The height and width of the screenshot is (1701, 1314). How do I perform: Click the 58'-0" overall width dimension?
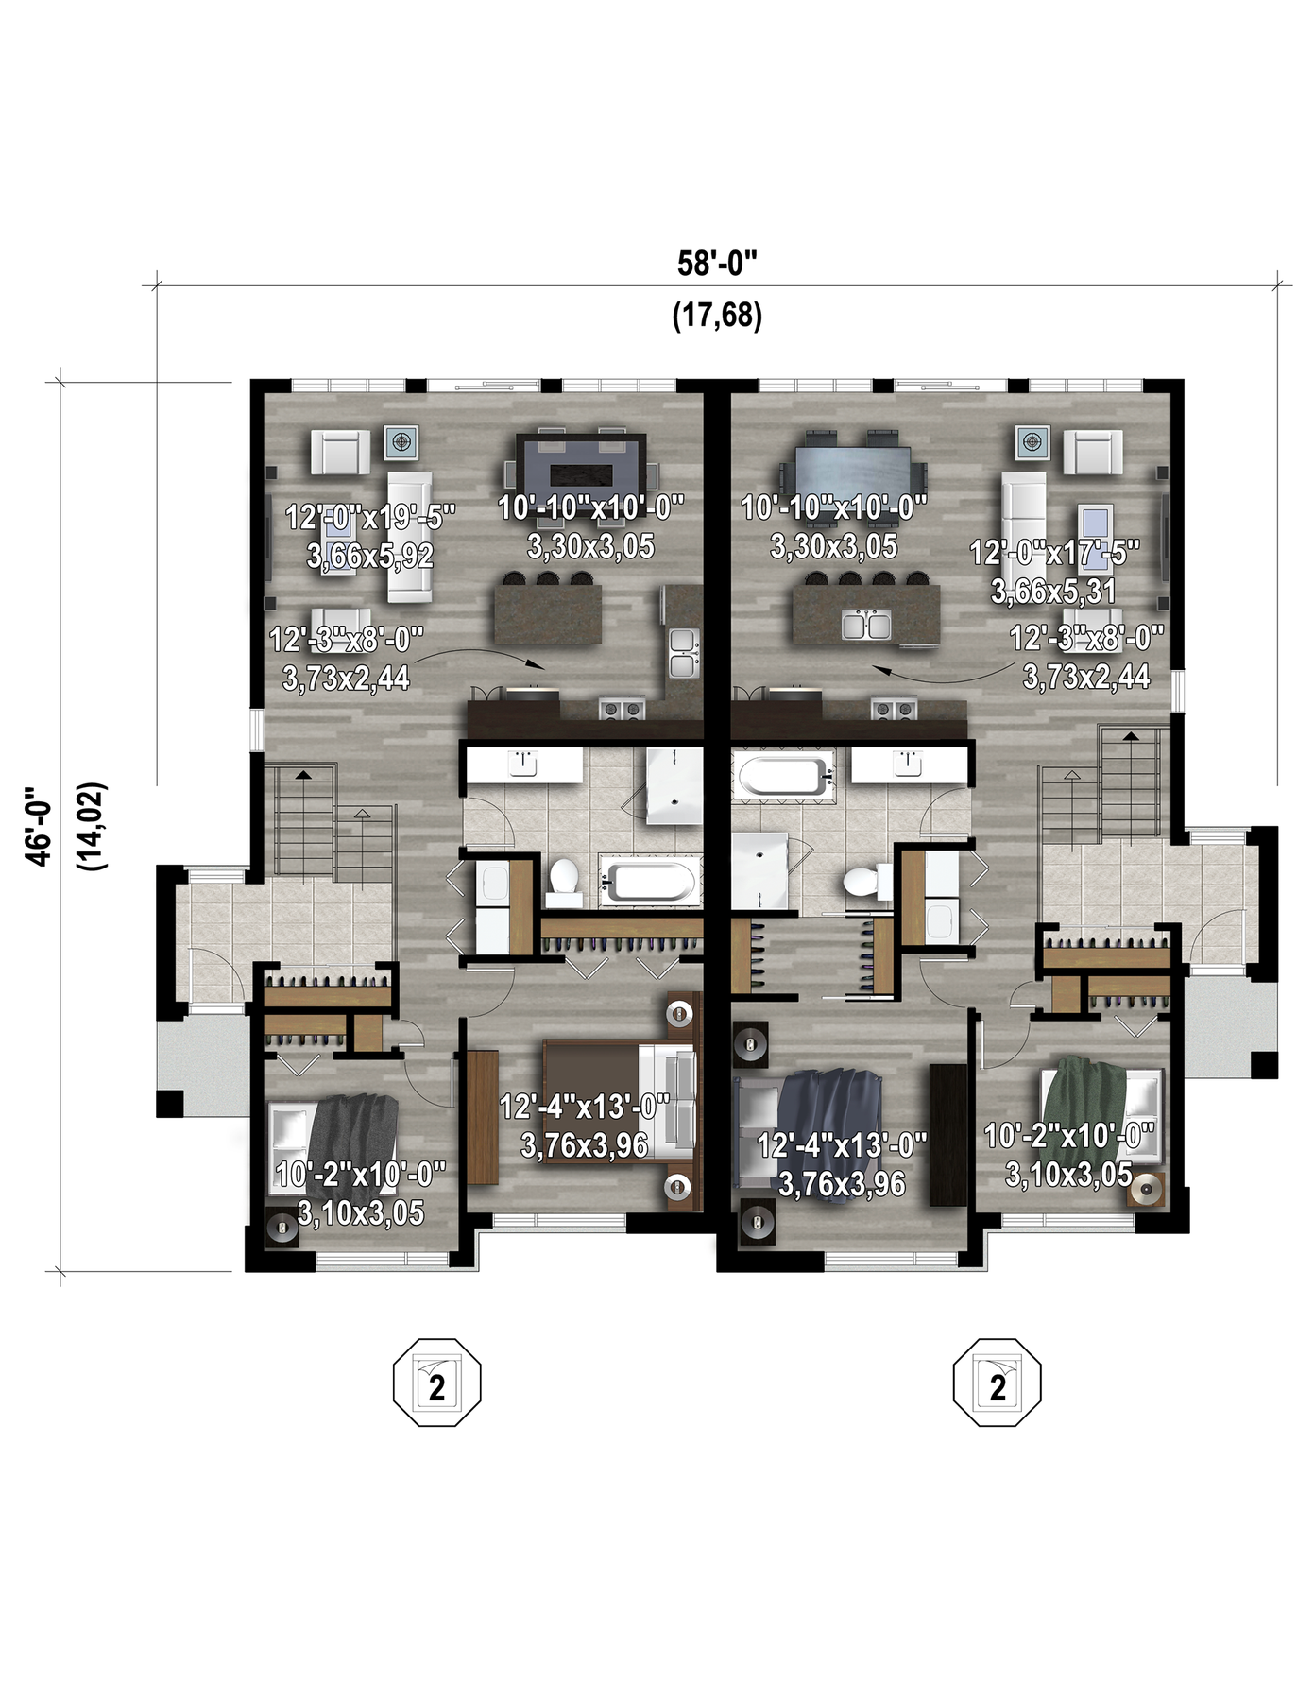pos(717,264)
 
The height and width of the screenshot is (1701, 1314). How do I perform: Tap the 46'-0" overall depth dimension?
pos(39,826)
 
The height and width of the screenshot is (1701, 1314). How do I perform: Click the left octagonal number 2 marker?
pos(437,1382)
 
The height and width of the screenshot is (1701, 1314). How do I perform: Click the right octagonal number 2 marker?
pos(998,1382)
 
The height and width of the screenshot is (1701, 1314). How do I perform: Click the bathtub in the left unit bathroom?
pos(651,882)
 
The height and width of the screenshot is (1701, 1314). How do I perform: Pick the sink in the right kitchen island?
pos(866,625)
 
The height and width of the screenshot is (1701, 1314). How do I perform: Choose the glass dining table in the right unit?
pos(853,470)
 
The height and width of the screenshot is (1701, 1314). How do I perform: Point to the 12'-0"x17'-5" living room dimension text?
pos(1054,553)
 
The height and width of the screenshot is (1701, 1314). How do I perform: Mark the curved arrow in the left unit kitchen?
pos(479,655)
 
